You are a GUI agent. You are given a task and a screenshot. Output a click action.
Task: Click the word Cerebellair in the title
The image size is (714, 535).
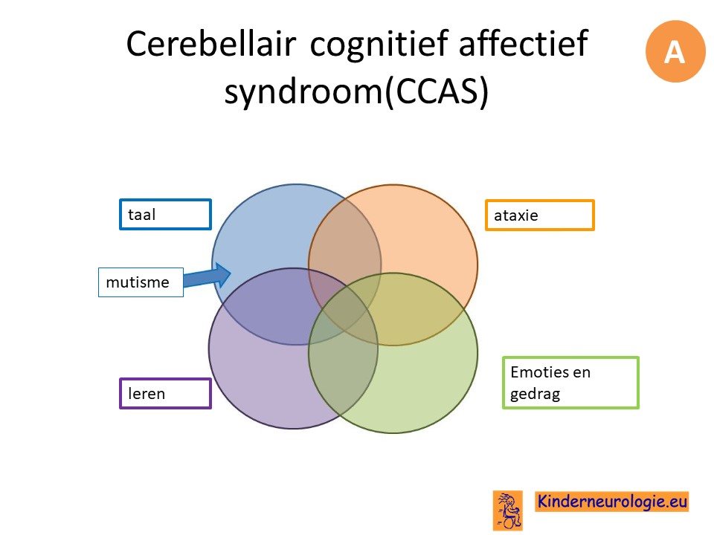210,44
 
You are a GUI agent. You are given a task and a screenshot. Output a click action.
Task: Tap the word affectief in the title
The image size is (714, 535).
524,43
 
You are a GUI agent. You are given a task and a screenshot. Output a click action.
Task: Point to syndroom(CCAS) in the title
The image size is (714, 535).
356,91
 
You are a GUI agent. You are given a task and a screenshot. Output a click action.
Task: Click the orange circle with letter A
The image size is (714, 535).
675,51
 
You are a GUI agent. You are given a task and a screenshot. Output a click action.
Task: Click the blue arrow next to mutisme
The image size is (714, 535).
208,276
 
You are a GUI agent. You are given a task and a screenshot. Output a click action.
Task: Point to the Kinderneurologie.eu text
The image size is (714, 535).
611,502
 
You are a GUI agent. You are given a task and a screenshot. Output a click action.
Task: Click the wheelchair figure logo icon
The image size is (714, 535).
508,510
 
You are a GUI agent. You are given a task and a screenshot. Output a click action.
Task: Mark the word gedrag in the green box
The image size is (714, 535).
535,394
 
